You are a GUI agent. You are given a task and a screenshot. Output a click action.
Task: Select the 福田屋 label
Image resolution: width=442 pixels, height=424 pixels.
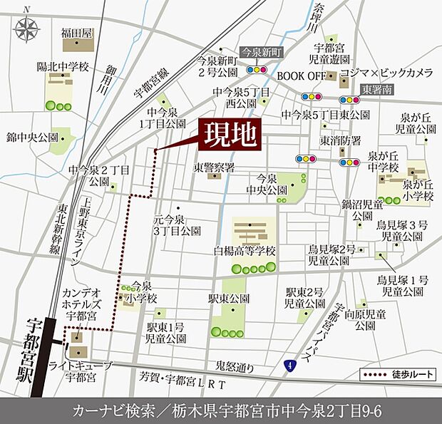click(77, 32)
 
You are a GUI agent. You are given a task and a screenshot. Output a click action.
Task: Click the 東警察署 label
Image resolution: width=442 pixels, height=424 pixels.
click(214, 167)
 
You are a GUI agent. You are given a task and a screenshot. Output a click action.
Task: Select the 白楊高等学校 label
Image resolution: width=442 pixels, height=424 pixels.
click(245, 252)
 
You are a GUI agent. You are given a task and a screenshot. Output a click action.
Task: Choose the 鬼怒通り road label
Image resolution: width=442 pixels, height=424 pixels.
click(235, 368)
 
